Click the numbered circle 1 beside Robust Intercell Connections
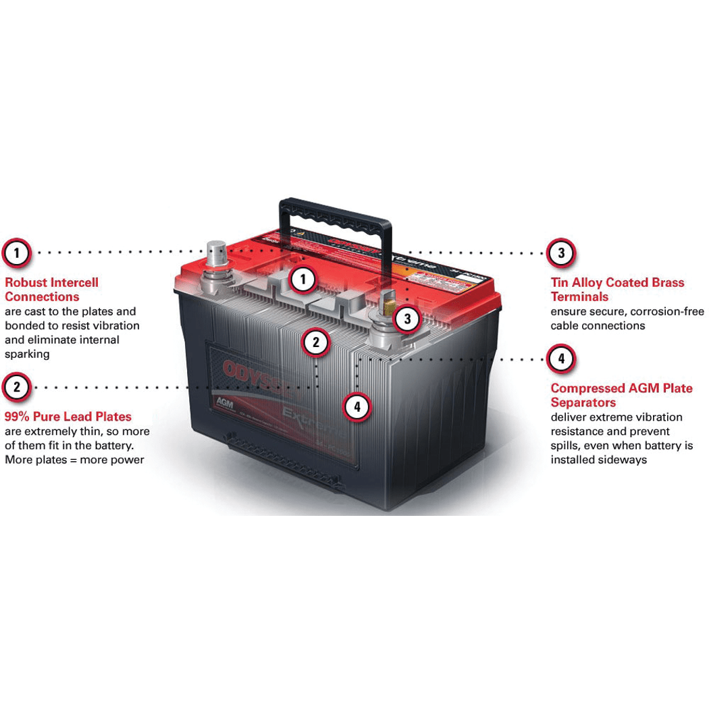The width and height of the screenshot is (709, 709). [17, 253]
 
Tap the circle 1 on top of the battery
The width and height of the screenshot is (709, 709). [303, 279]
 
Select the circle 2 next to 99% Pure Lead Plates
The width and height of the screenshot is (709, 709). [17, 388]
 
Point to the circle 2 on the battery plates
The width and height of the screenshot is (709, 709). [315, 342]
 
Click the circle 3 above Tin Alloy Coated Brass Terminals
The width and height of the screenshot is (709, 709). [561, 253]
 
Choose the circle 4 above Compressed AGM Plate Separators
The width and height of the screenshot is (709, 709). [561, 359]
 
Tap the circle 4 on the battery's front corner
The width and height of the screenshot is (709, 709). [357, 407]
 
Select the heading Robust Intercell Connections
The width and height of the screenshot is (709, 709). [51, 290]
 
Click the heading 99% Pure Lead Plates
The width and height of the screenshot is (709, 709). [68, 417]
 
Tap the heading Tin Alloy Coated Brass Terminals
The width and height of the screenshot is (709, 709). [617, 290]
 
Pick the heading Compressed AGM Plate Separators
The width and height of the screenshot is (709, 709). [621, 395]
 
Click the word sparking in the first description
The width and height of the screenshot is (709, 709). [27, 354]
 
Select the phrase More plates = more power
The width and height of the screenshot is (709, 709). [74, 460]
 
